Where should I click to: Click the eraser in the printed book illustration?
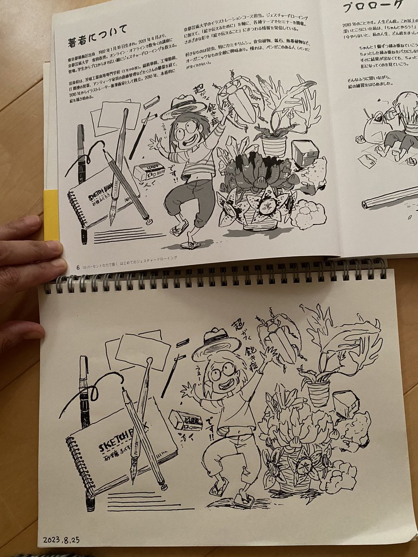[x=149, y=172]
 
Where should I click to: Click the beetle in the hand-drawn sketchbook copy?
[x=279, y=337]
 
